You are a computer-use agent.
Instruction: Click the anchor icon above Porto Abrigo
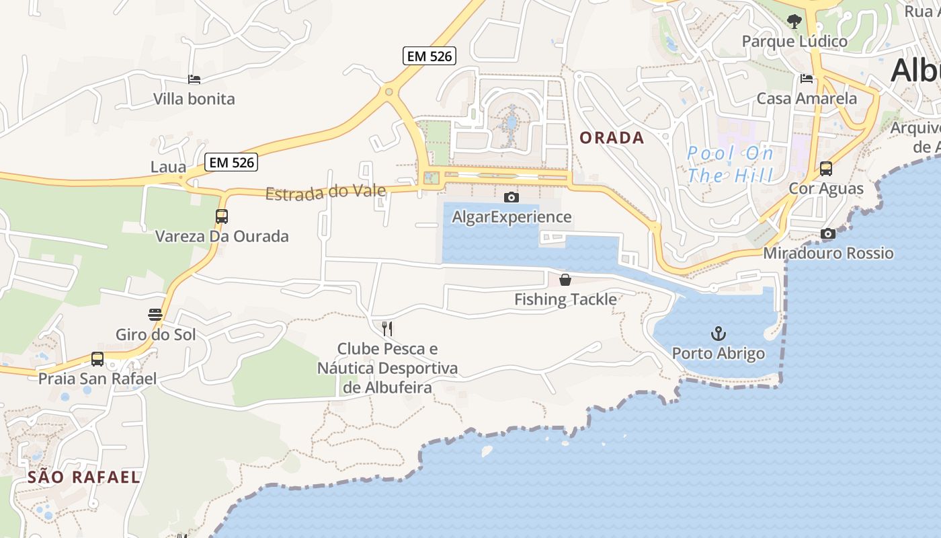[x=719, y=334]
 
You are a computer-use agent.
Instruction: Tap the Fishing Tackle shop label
[x=565, y=299]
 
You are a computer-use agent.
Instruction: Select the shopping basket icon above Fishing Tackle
[x=565, y=280]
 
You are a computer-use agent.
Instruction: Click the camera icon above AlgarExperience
[x=512, y=197]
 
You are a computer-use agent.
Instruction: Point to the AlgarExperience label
[x=512, y=217]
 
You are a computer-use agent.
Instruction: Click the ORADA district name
[x=612, y=138]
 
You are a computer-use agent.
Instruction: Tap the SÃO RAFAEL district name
[x=84, y=477]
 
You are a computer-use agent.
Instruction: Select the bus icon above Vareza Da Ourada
[x=222, y=217]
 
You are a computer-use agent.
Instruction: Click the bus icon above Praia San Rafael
[x=97, y=359]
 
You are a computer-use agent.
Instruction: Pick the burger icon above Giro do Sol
[x=155, y=315]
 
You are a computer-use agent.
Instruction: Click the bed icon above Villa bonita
[x=194, y=79]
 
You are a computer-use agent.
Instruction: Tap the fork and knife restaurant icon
[x=387, y=328]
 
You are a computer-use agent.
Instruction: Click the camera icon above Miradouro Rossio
[x=828, y=234]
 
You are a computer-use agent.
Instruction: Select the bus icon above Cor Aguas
[x=826, y=169]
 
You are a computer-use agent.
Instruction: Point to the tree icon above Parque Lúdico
[x=794, y=22]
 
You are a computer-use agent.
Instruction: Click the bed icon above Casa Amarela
[x=807, y=79]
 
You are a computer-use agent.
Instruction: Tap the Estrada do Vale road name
[x=326, y=192]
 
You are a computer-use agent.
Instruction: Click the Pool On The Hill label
[x=730, y=165]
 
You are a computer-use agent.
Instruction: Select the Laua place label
[x=168, y=167]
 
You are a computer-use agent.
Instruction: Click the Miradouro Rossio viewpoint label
[x=828, y=254]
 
